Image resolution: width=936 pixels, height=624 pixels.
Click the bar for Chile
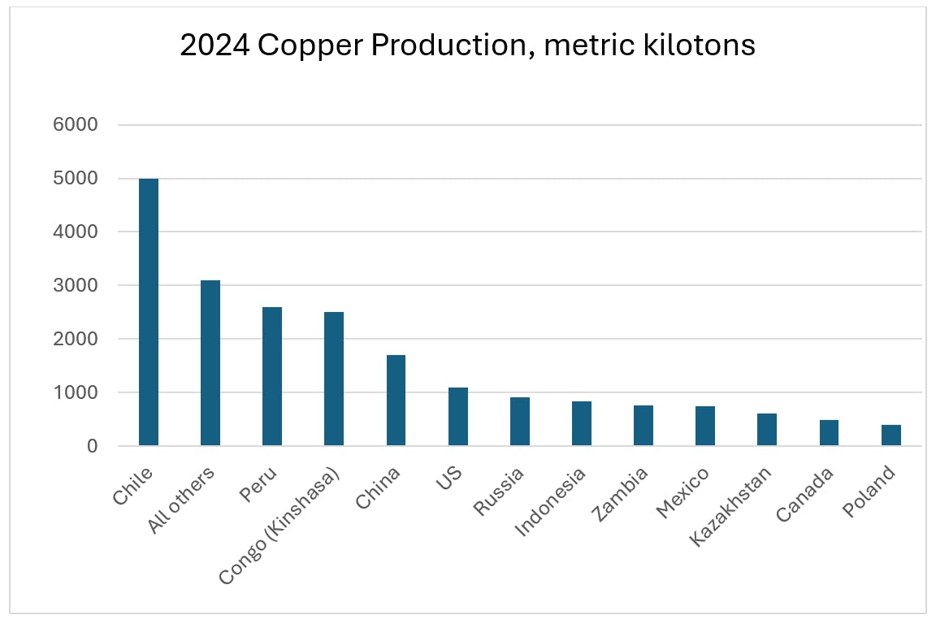(x=149, y=312)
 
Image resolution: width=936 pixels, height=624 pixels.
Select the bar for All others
(x=210, y=363)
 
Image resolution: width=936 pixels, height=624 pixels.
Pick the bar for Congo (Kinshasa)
(x=334, y=379)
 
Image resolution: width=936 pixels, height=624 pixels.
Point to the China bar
(x=396, y=401)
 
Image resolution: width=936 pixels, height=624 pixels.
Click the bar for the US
(x=458, y=417)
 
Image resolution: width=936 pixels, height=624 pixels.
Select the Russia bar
(x=520, y=422)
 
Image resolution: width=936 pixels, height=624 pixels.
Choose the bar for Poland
(x=891, y=435)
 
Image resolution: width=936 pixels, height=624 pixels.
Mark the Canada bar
(x=829, y=433)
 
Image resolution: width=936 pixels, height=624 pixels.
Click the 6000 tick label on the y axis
(x=75, y=125)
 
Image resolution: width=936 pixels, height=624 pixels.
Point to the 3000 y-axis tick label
(x=75, y=285)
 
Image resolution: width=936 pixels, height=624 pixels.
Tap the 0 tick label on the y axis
(x=93, y=446)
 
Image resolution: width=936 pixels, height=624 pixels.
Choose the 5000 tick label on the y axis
(x=75, y=179)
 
